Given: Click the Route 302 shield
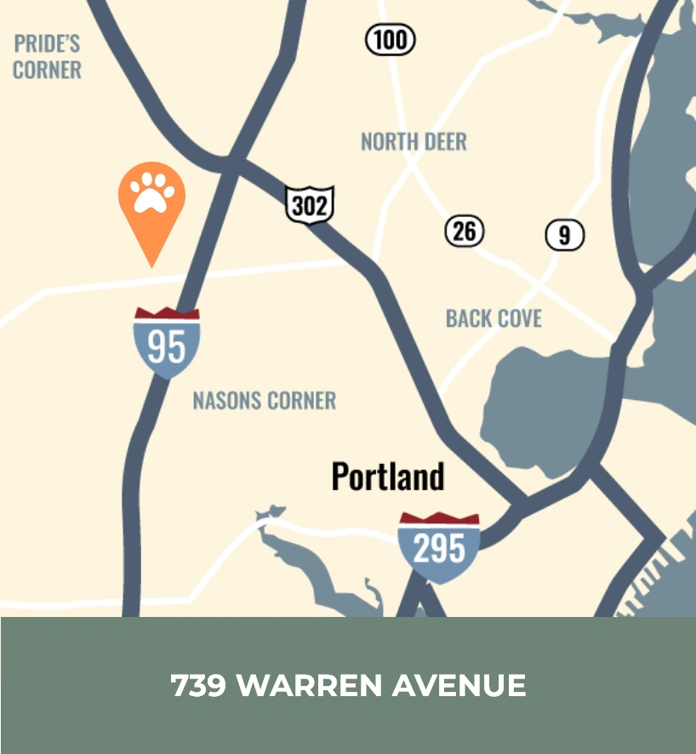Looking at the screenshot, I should point(310,204).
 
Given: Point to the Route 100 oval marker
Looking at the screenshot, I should point(391,40).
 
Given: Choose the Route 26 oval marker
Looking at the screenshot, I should point(465,231).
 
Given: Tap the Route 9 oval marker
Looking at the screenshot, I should point(565,235).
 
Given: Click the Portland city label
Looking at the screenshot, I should point(388,477).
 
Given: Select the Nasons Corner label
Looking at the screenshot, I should point(264,400).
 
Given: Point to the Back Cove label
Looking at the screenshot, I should point(493,318).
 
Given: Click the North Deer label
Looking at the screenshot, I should point(414,141).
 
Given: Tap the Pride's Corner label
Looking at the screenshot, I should point(47,56).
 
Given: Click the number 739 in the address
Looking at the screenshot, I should point(199,685).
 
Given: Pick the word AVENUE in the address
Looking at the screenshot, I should point(460,685).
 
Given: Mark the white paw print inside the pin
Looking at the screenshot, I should point(151,192).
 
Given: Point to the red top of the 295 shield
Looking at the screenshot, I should point(439,518).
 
